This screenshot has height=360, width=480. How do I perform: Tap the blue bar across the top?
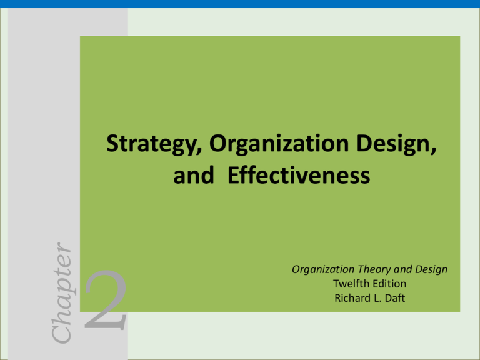240,4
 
